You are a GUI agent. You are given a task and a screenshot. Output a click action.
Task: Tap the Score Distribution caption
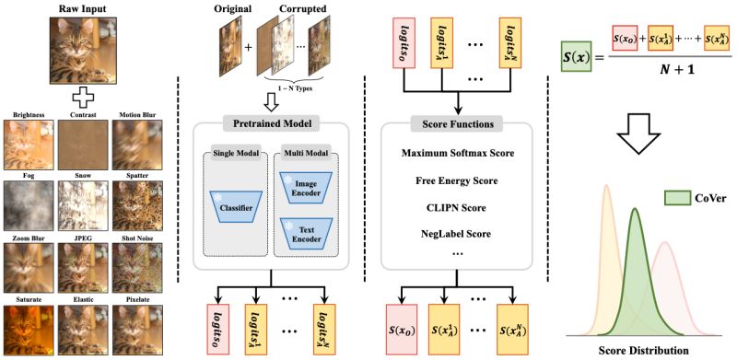coord(642,350)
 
